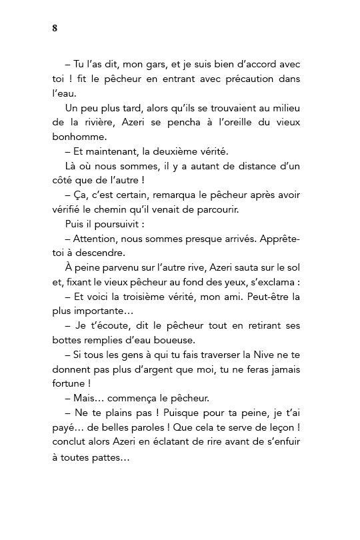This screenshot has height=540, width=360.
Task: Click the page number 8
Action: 53,28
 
